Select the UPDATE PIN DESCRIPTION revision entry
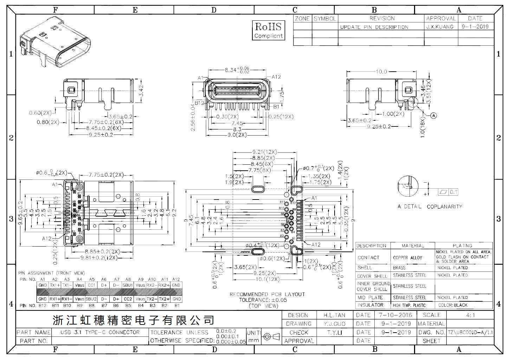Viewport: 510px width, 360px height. coord(374,27)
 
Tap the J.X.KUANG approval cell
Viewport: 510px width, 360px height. coord(440,27)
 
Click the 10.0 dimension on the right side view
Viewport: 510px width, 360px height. coord(381,72)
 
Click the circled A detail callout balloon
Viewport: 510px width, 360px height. coord(433,115)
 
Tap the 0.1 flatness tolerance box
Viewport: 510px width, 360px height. coord(453,192)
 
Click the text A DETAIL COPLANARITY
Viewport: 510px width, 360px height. coord(430,207)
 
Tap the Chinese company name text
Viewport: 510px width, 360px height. coord(133,320)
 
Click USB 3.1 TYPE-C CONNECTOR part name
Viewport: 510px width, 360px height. coord(100,332)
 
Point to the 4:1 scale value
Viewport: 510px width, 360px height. coord(470,315)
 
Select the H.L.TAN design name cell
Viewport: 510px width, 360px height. coord(331,315)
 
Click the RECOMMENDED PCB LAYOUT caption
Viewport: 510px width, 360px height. coord(267,294)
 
